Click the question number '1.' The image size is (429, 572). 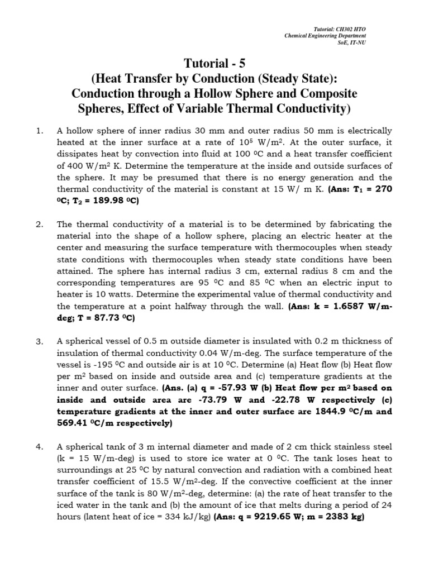tap(39, 131)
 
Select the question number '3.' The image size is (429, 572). tap(39, 341)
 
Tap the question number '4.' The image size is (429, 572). tap(39, 446)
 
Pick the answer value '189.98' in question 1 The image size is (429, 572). tap(109, 201)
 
